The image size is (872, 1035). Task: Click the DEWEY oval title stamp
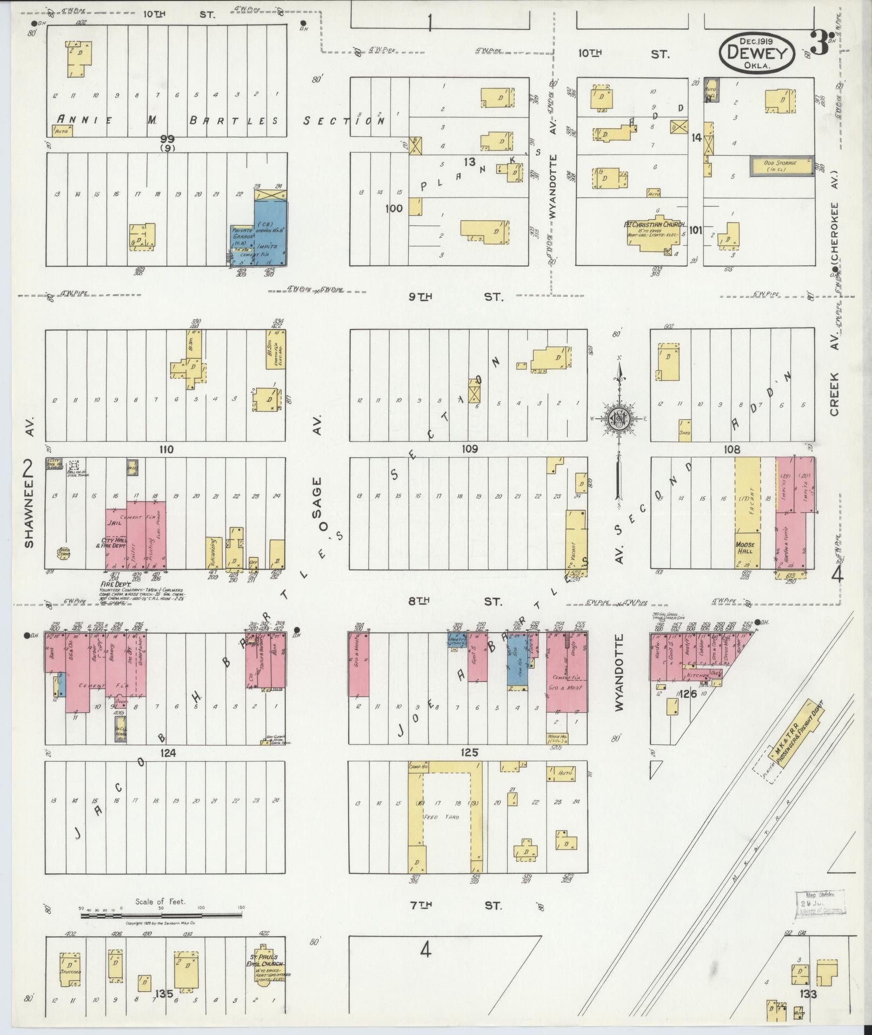(756, 52)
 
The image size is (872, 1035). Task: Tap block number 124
(165, 753)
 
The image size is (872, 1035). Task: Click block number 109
(469, 449)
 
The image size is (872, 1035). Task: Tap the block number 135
(163, 994)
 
